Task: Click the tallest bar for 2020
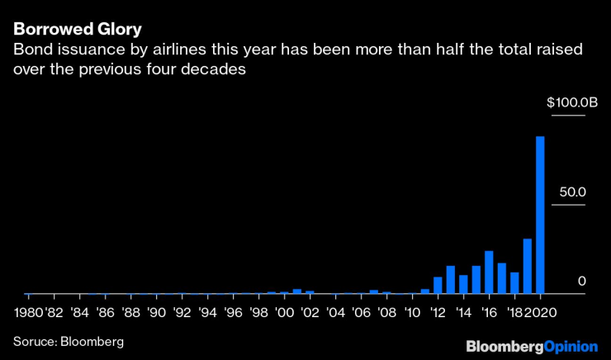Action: [540, 215]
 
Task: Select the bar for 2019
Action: [528, 266]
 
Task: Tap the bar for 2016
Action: [489, 272]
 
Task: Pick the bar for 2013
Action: [451, 280]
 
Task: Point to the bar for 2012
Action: [438, 286]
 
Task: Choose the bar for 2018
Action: [514, 283]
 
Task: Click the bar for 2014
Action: [463, 284]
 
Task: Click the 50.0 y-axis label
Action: [571, 192]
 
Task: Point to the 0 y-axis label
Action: [581, 281]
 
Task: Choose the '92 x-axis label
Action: [182, 313]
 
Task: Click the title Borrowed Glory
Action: [77, 29]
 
